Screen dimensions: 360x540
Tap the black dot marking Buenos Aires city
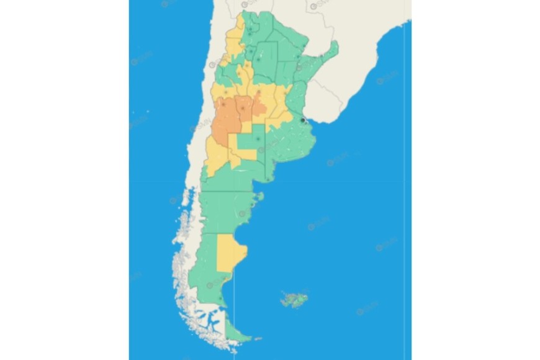302,120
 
